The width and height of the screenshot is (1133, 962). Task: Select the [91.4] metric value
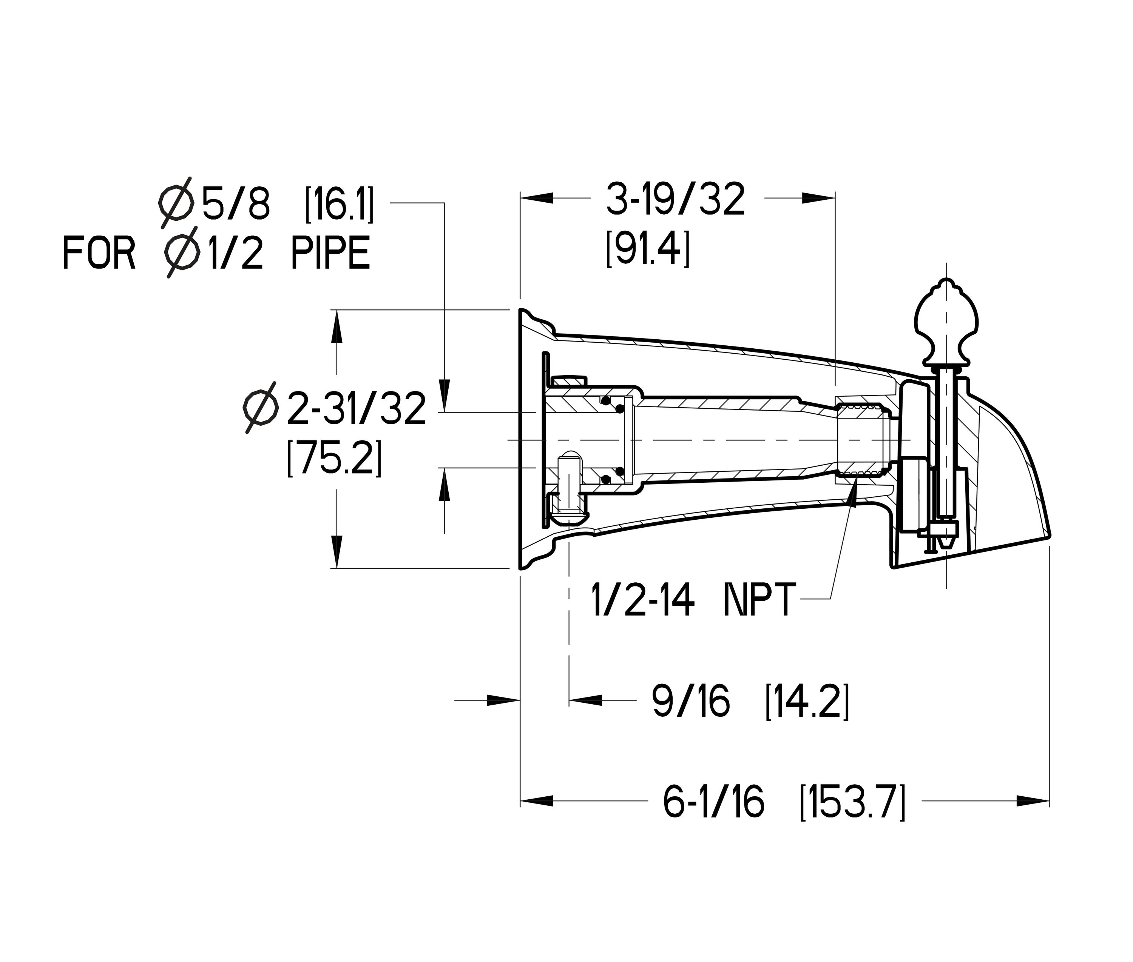coord(648,249)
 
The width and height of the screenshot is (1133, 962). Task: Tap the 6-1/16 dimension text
coord(713,802)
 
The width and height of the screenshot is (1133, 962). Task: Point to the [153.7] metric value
coord(852,802)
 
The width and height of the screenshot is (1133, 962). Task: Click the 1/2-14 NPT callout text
coord(693,600)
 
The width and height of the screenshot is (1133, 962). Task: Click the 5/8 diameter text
coord(236,203)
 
